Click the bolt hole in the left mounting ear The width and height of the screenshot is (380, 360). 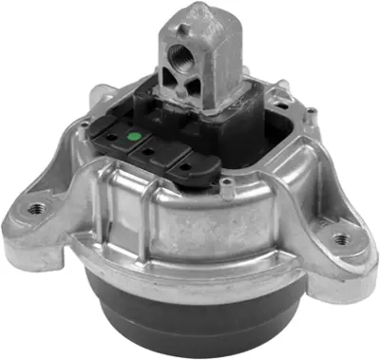[35, 207]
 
